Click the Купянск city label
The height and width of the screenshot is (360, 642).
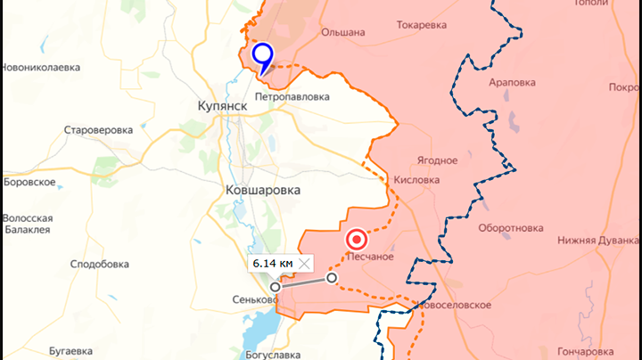222,105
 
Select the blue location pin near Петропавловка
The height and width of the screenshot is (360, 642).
262,56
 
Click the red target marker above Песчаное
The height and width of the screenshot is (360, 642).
357,240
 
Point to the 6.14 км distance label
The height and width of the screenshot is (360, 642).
271,263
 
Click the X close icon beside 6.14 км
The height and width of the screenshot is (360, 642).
305,263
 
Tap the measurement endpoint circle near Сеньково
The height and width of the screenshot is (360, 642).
276,287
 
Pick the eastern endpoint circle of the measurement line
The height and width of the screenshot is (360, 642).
333,278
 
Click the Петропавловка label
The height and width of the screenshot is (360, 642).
292,96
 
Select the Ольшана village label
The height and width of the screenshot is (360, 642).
343,32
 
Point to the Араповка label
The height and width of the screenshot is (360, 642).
512,82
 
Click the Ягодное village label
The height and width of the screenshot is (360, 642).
437,160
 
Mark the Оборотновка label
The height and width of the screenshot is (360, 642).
511,228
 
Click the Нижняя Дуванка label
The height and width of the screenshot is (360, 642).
598,240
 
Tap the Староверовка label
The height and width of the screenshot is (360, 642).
98,130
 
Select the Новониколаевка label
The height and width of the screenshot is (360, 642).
41,68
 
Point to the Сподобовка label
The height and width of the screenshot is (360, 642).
100,264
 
